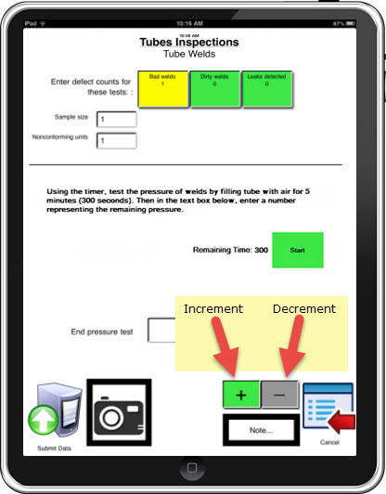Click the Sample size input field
coord(116,120)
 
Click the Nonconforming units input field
coord(116,141)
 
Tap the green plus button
coord(241,394)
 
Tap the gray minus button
coord(280,394)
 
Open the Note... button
coord(260,430)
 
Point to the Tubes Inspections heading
coord(189,42)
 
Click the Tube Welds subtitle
coord(189,55)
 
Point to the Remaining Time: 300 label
coord(229,250)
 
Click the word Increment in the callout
coord(212,308)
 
